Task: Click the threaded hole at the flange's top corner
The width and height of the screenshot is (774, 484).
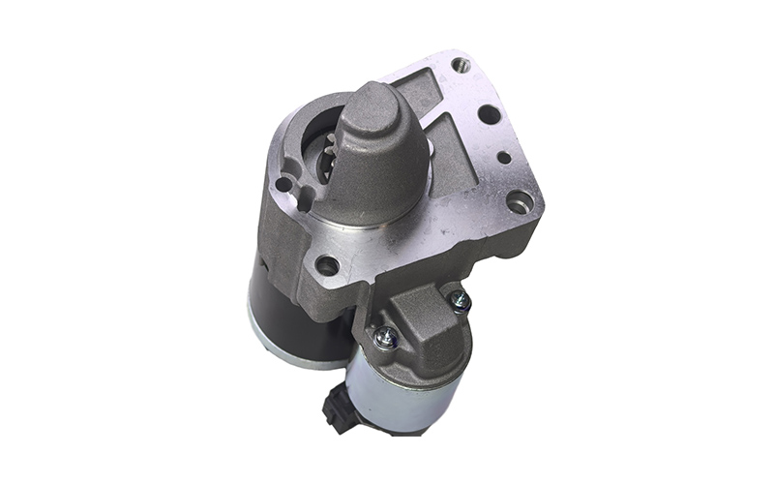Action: click(x=460, y=66)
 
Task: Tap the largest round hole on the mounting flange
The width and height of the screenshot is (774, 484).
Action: click(x=489, y=114)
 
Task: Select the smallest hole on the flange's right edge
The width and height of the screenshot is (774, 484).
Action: click(x=503, y=156)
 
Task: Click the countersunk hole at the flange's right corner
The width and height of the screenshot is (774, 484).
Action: click(x=520, y=201)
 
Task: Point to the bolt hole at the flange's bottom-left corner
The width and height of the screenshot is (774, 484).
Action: click(x=327, y=264)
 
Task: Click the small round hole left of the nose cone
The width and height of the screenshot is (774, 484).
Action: click(x=283, y=184)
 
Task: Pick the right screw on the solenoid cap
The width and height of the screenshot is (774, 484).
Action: click(x=461, y=301)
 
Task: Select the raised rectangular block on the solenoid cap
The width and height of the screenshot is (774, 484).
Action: click(x=426, y=324)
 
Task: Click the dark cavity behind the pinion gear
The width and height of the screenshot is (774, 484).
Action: click(x=314, y=136)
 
